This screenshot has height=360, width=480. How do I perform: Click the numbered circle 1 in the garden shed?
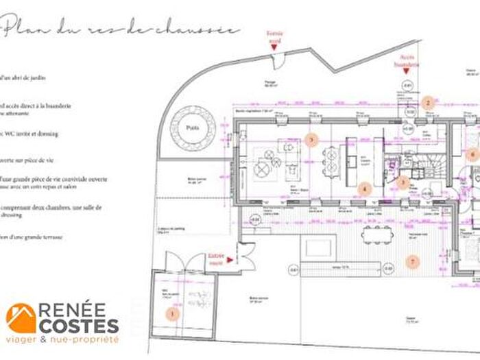pos(173,313)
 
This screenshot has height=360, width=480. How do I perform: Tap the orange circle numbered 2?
pos(429,103)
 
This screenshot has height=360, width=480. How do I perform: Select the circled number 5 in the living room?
pos(311,139)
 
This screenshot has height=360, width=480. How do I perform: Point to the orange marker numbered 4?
pos(365,188)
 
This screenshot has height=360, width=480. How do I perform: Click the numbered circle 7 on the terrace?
pos(412,261)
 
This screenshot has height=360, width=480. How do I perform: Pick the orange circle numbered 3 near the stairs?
pos(405,182)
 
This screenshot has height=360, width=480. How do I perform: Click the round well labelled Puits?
pos(192,128)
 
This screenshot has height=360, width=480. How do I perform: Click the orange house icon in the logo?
pos(21,318)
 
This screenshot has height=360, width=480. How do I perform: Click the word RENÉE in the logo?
pos(77,311)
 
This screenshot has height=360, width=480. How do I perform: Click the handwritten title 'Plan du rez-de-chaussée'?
pos(121,29)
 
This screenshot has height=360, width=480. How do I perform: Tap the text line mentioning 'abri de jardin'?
pos(20,77)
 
